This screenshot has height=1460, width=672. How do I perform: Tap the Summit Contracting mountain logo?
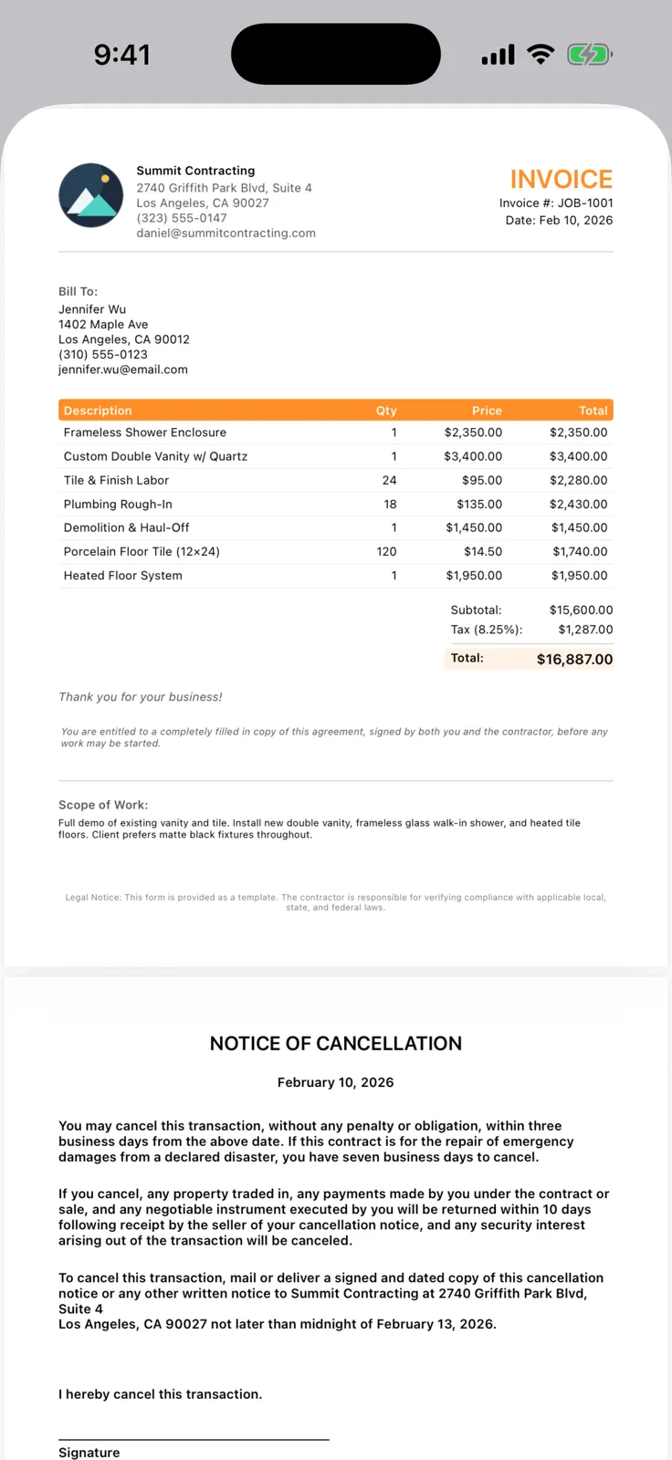click(x=90, y=195)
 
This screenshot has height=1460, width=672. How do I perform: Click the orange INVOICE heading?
click(x=561, y=179)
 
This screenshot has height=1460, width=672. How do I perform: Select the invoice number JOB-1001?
click(x=583, y=203)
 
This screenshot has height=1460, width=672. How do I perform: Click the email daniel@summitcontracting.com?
click(x=226, y=233)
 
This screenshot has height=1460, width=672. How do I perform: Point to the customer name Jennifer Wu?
click(x=92, y=309)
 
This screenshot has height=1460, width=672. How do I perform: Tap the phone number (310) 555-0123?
click(x=102, y=354)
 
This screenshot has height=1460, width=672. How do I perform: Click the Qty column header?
click(x=386, y=411)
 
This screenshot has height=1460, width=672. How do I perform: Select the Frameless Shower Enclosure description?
click(x=144, y=433)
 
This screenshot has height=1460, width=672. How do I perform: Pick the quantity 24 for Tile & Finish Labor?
click(x=389, y=480)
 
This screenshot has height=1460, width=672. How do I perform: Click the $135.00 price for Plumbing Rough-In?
click(x=479, y=504)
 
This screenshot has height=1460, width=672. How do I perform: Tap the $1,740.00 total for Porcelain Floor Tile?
click(x=580, y=551)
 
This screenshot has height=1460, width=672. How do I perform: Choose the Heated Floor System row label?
click(x=122, y=576)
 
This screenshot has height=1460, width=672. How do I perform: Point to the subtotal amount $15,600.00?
click(x=581, y=610)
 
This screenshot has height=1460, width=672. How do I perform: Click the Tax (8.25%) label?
click(x=486, y=630)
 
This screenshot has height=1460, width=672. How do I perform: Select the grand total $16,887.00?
click(x=574, y=659)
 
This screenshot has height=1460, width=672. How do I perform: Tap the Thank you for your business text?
click(x=141, y=697)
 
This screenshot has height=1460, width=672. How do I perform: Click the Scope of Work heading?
click(x=103, y=805)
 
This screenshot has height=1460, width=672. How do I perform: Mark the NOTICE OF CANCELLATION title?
click(x=336, y=1044)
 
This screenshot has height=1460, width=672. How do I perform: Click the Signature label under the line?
click(x=89, y=1452)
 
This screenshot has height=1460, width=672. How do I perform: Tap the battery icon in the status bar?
click(x=589, y=55)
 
